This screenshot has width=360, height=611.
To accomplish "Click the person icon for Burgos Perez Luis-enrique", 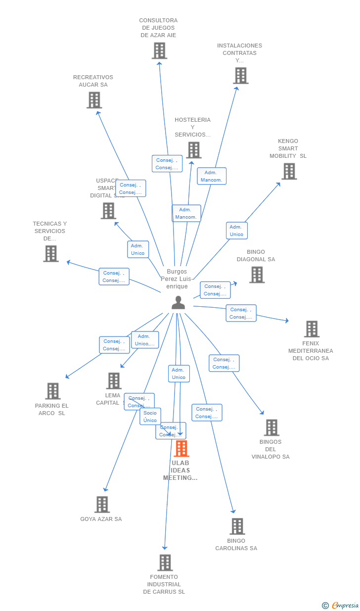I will pyautogui.click(x=178, y=302).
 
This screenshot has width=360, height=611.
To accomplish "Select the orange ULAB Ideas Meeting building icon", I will pyautogui.click(x=181, y=449).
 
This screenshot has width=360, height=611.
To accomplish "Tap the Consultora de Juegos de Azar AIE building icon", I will pyautogui.click(x=159, y=50).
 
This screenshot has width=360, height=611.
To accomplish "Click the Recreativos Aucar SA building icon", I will pyautogui.click(x=94, y=100).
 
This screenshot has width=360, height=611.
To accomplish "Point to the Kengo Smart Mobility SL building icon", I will pyautogui.click(x=289, y=171).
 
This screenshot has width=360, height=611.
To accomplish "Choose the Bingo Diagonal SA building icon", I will pyautogui.click(x=257, y=275).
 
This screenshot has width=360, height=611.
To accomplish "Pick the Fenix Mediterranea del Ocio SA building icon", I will pyautogui.click(x=312, y=329).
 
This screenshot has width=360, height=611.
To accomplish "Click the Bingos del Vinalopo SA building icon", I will pyautogui.click(x=271, y=427).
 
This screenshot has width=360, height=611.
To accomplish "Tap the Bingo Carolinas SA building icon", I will pyautogui.click(x=237, y=526).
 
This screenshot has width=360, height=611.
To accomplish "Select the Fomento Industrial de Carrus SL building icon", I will pyautogui.click(x=165, y=563).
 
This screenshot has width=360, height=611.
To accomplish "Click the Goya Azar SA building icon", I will pyautogui.click(x=102, y=505).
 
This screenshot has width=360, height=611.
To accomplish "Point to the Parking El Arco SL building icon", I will pyautogui.click(x=53, y=391).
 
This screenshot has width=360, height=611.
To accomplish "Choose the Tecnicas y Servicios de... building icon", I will pyautogui.click(x=50, y=253).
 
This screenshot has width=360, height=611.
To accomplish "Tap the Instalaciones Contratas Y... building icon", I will pyautogui.click(x=240, y=76).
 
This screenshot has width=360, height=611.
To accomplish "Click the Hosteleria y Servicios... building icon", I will pyautogui.click(x=193, y=150).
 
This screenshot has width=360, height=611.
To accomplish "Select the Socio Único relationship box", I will pyautogui.click(x=150, y=417).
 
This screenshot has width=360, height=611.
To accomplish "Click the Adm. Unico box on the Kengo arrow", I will pyautogui.click(x=237, y=231).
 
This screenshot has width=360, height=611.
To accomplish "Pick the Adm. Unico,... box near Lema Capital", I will pyautogui.click(x=144, y=340).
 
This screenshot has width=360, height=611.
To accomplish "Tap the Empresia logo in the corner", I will pyautogui.click(x=341, y=605).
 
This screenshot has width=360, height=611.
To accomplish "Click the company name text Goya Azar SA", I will pyautogui.click(x=101, y=519).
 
